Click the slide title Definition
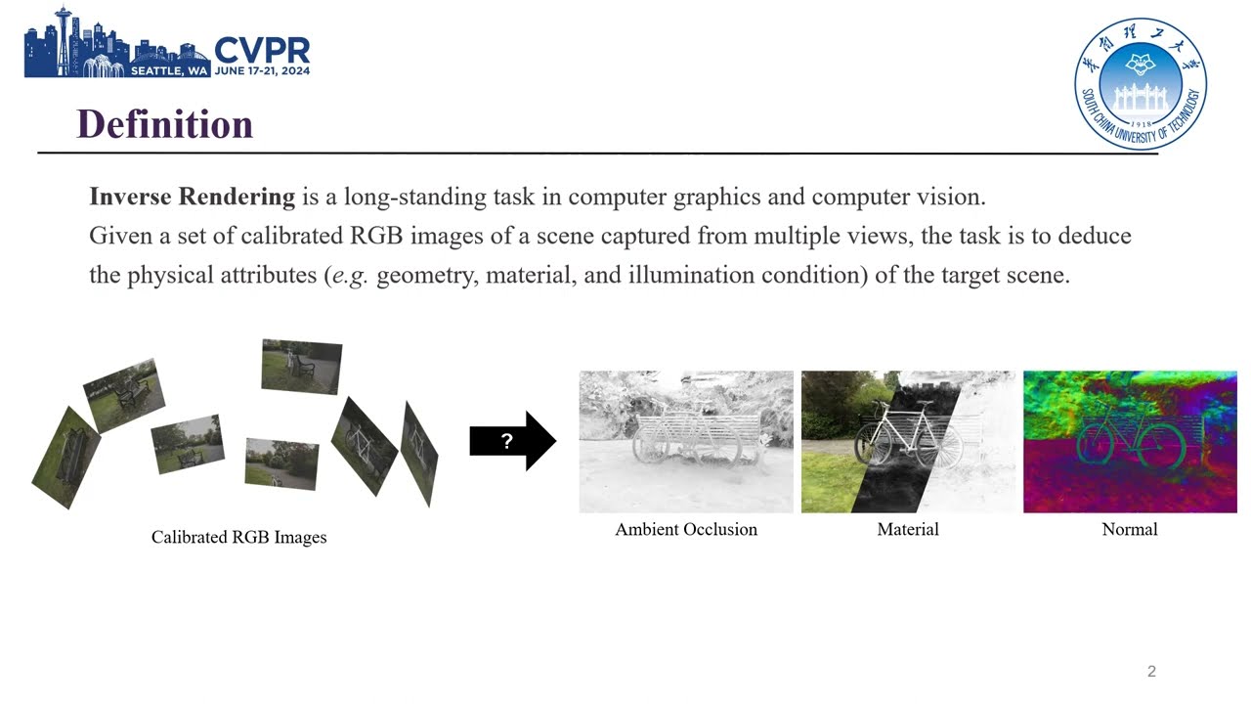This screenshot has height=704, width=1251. coord(164,124)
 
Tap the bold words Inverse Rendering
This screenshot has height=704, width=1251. coord(192,197)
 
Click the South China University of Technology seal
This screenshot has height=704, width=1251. coord(1140,84)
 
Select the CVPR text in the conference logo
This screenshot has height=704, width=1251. coord(261,51)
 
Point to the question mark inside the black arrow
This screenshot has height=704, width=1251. coord(506,441)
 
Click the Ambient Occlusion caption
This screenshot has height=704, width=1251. coord(686,529)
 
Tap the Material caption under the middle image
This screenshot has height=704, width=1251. coord(908,529)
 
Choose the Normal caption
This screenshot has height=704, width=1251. coord(1129,529)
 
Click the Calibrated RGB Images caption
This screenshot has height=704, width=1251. coord(238,537)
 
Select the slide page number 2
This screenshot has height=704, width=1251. coord(1151,671)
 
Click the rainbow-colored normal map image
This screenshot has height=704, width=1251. coord(1130,441)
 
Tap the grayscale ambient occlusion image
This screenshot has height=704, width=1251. coord(686,441)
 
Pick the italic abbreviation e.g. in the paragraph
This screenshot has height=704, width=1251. coord(350,276)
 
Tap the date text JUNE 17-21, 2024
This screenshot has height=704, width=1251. coord(262,70)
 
